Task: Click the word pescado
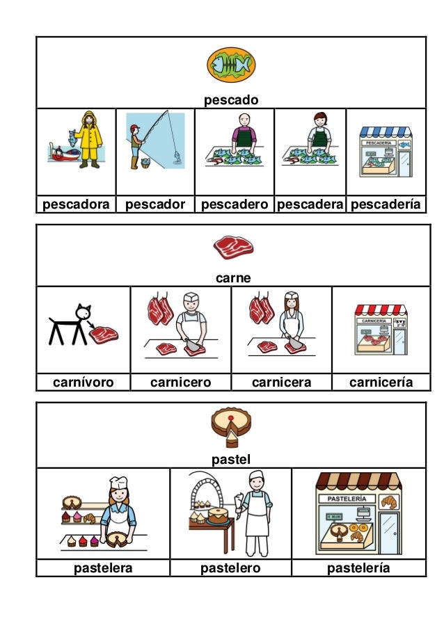pos(230,100)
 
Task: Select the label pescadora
pos(75,204)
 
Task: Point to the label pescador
pos(154,204)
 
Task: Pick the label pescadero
pos(235,204)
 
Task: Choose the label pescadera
pos(310,204)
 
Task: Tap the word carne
pos(233,278)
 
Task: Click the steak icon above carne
pos(233,246)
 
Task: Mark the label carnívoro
pos(83,383)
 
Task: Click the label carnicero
pos(180,383)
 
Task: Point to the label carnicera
pos(281,383)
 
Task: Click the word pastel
pos(230,459)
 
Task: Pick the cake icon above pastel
pos(230,426)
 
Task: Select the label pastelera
pos(103,568)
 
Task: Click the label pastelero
pos(230,568)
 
